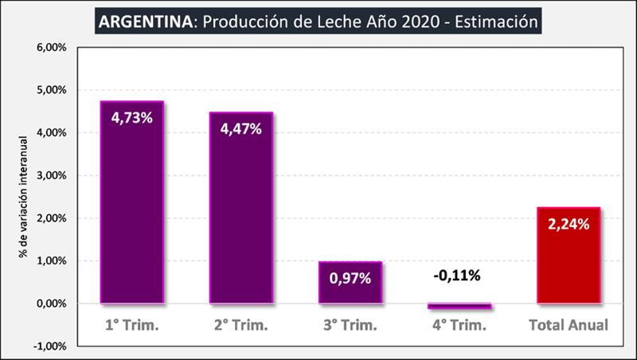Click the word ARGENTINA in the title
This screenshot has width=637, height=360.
click(x=144, y=22)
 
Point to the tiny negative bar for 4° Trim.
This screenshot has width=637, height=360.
click(x=459, y=306)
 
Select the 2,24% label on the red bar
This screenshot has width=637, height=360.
click(x=569, y=225)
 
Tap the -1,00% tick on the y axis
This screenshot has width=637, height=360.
click(x=51, y=346)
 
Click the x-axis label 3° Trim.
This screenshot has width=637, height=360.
click(x=350, y=325)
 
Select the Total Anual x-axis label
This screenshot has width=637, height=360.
click(x=569, y=325)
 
